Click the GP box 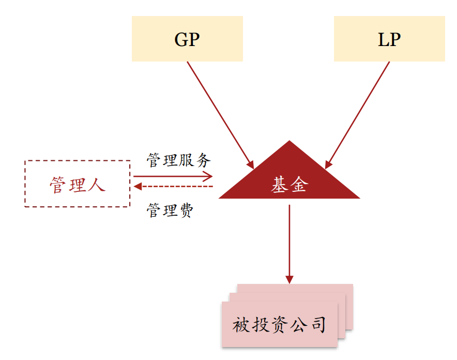click(x=187, y=39)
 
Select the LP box click(x=389, y=39)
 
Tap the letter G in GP click(x=181, y=40)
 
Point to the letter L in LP click(x=384, y=40)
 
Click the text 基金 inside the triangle click(x=290, y=185)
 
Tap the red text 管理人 click(x=78, y=185)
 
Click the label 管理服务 click(x=179, y=160)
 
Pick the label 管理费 click(x=170, y=210)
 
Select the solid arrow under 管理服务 click(x=173, y=176)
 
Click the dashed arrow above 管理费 click(x=173, y=186)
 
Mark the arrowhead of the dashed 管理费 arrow click(x=138, y=186)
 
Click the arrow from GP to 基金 click(x=220, y=115)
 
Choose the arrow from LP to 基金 click(x=357, y=115)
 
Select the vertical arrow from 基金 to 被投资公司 click(x=290, y=244)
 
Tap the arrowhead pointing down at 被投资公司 click(x=290, y=280)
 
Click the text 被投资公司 click(x=279, y=325)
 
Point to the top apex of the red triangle click(x=290, y=141)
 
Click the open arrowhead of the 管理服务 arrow click(x=208, y=176)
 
